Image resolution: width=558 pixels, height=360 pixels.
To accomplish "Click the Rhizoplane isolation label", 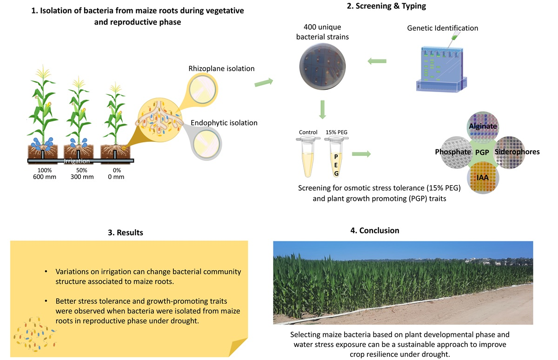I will click(221, 68).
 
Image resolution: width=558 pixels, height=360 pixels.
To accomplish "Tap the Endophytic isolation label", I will click(224, 123).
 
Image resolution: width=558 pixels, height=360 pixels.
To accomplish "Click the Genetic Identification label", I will click(442, 28).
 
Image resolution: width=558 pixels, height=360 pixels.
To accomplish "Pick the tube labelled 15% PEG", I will click(337, 158).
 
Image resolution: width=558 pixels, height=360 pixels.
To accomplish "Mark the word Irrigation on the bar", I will click(78, 161).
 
